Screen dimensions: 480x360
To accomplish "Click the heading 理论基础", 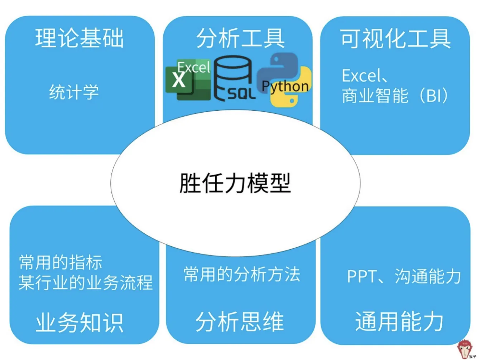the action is tap(80, 38).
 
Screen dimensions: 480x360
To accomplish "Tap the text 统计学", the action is tap(74, 92).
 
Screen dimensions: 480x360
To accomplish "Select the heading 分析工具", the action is tap(240, 38).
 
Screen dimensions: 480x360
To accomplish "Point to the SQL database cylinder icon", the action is tap(234, 78).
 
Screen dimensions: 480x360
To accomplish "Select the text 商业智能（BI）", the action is tap(395, 96).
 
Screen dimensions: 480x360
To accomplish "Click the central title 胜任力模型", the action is tap(235, 183).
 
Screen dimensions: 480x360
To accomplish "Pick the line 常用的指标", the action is tap(61, 262).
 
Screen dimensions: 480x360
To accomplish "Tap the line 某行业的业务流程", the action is tap(86, 282).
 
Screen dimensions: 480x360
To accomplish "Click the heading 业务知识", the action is tap(80, 322).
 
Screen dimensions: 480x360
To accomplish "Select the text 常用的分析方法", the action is tap(242, 275).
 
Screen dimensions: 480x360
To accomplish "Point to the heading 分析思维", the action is tap(240, 321).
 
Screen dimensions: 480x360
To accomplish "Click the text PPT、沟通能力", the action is tap(404, 276).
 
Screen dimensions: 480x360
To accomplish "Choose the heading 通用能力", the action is tap(399, 321).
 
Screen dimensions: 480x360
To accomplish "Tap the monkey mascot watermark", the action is tap(465, 349).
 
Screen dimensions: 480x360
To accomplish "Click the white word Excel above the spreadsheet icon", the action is tap(193, 67).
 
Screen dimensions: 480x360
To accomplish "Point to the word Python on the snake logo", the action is tap(285, 86).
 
